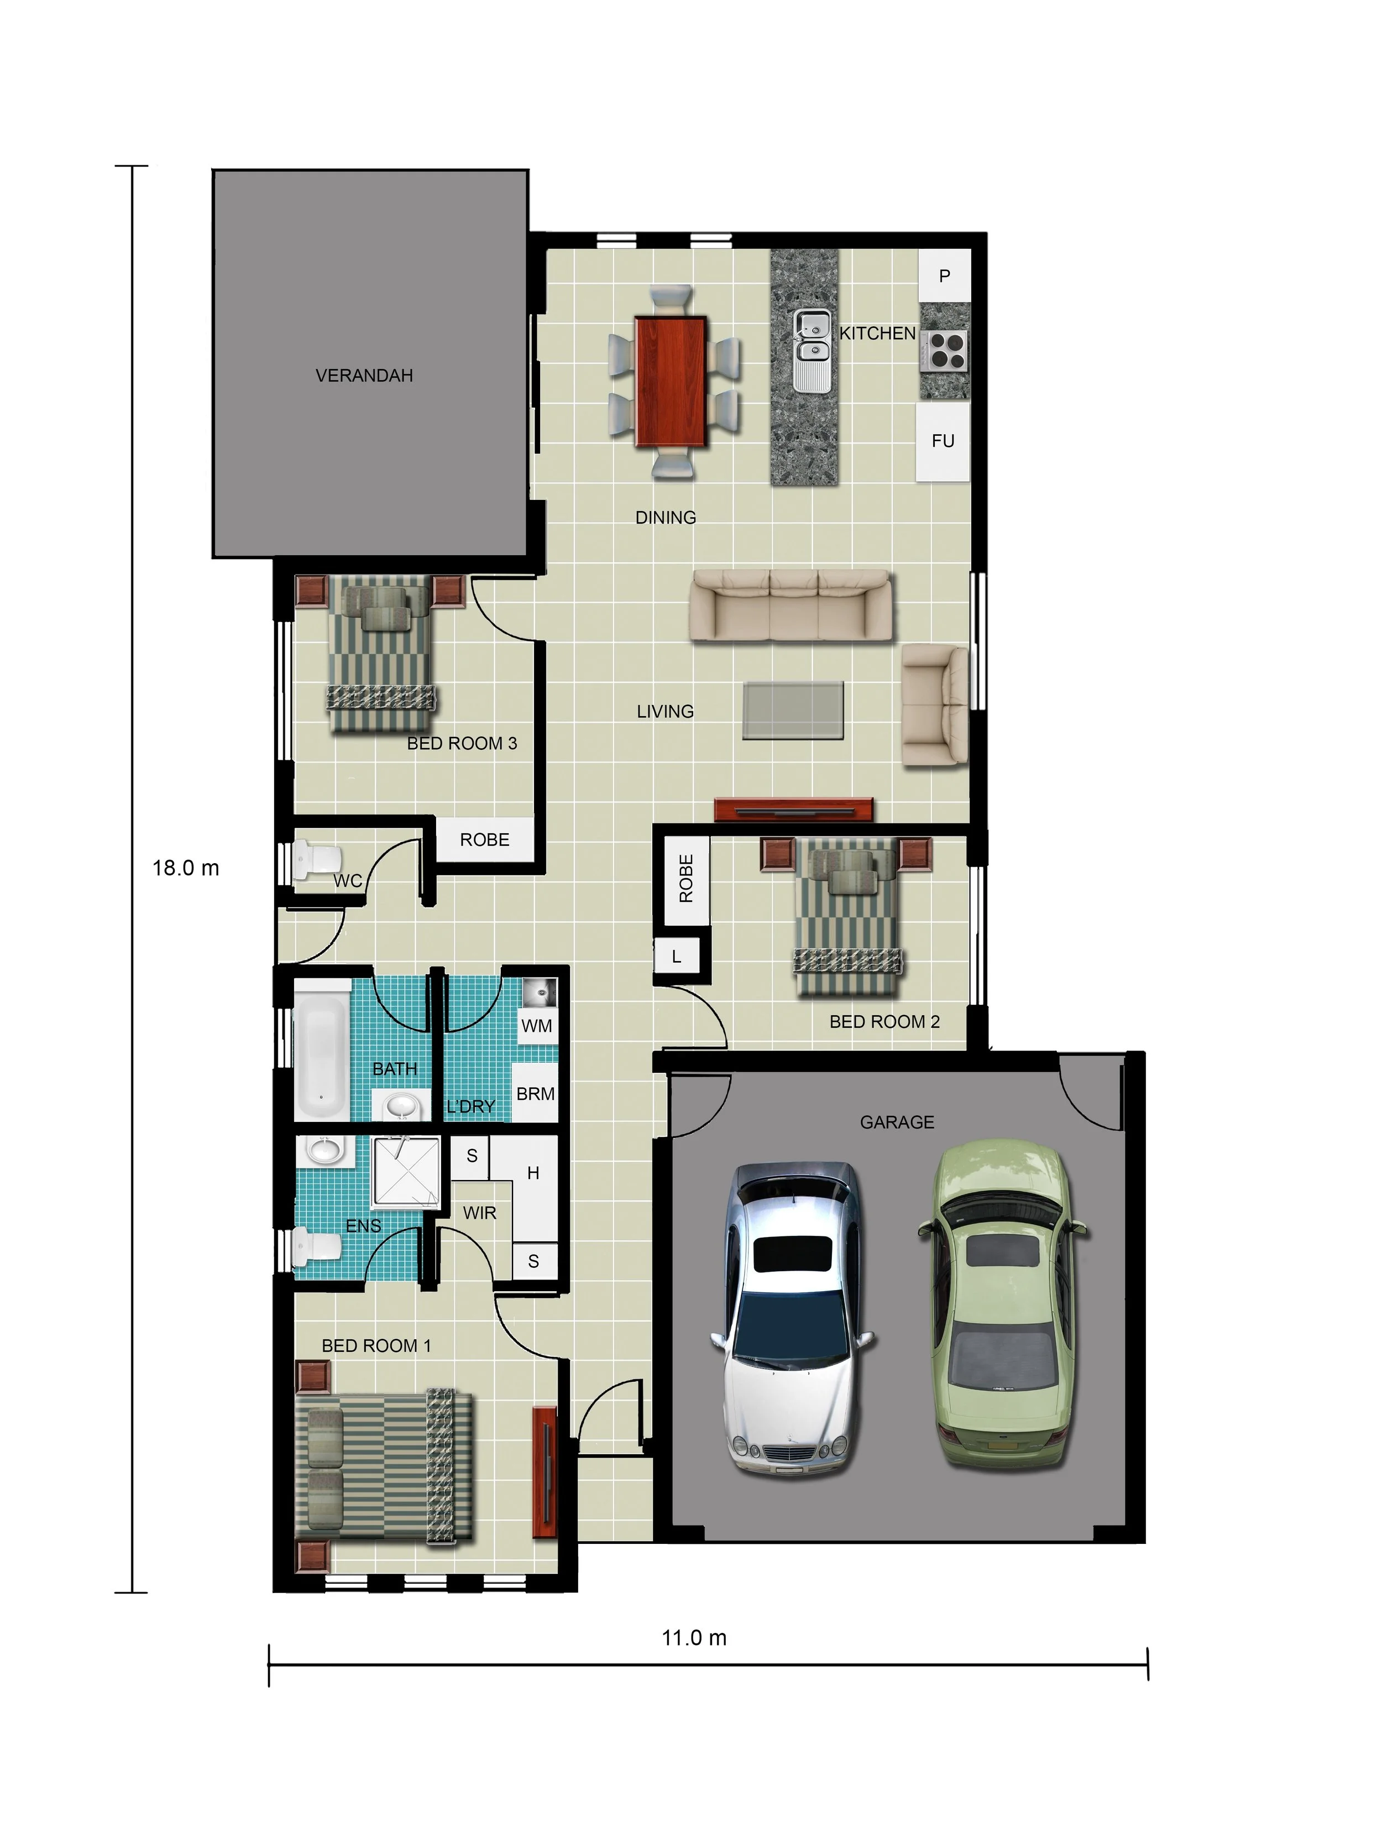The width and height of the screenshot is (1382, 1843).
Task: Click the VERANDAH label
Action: [x=364, y=376]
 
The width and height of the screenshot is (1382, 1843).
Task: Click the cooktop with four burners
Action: [x=945, y=350]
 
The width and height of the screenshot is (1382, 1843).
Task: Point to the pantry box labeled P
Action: [x=945, y=276]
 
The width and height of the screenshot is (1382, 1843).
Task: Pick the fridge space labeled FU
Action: [x=943, y=442]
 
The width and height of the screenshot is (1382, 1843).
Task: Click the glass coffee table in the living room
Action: [x=793, y=710]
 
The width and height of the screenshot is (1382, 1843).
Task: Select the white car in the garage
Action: [x=792, y=1319]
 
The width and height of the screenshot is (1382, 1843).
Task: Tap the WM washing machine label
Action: [x=536, y=1026]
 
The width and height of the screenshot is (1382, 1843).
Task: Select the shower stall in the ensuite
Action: [x=406, y=1172]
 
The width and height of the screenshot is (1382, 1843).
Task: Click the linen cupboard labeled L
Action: [x=677, y=957]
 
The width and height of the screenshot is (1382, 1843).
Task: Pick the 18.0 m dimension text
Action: [x=186, y=868]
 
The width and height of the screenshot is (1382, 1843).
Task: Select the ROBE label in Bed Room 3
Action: [x=485, y=840]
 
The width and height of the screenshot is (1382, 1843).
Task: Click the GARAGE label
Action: [x=897, y=1122]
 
